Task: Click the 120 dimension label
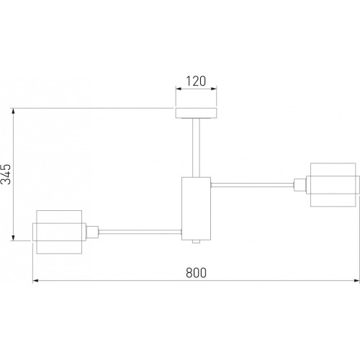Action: pos(196,81)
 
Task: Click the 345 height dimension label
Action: pos(6,174)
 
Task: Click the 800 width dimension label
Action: pos(196,273)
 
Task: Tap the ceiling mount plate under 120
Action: pos(196,113)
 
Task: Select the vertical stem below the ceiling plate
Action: pos(196,148)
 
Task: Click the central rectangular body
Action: pos(196,209)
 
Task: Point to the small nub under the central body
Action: pos(196,242)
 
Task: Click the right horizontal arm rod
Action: pos(253,185)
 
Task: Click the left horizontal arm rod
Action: pos(140,232)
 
